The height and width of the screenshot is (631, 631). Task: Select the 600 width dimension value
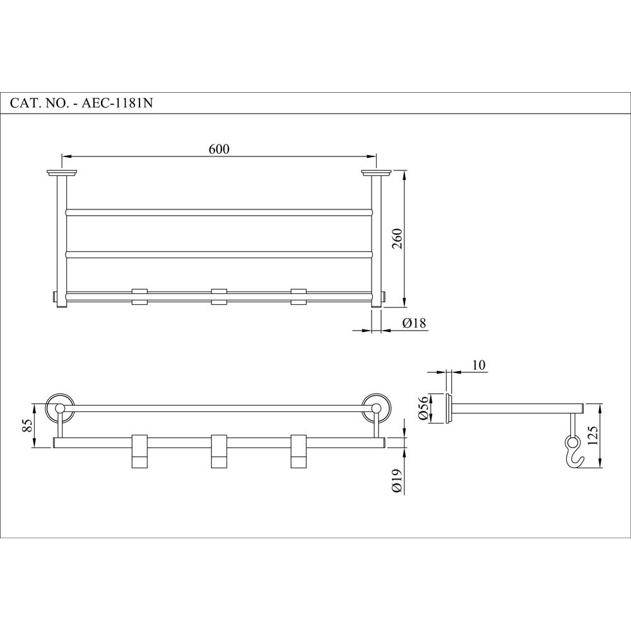(218, 149)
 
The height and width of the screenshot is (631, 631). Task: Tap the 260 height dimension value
(397, 238)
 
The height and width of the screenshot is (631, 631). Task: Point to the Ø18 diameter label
(414, 323)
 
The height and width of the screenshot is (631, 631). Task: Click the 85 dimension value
(27, 425)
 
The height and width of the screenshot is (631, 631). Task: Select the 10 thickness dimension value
(478, 365)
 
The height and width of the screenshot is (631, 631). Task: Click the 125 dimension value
(592, 435)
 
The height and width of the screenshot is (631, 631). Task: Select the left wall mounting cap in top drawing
(62, 172)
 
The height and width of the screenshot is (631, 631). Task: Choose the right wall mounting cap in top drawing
(377, 172)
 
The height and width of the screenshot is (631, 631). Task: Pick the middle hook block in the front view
(219, 452)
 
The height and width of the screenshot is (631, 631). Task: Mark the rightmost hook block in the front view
(298, 452)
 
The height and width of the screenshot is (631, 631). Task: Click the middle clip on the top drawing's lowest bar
(219, 297)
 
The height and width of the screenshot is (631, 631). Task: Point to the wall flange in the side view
(449, 409)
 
